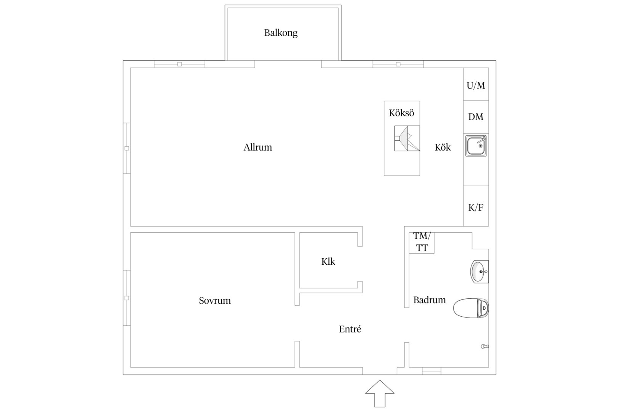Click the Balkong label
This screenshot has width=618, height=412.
pos(281,33)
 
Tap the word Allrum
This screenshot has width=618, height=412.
pos(257,147)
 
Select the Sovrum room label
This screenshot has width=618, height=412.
pos(215,300)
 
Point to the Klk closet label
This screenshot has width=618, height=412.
pos(328,261)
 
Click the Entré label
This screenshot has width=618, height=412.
pos(350,329)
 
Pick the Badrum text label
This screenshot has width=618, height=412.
pos(429,300)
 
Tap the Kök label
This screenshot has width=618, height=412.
pos(443,147)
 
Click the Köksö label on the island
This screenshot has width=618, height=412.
pos(401,113)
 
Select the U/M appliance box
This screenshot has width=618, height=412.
pos(476,84)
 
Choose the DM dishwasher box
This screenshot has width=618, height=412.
pos(476,117)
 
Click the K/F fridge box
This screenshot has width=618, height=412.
pos(476,206)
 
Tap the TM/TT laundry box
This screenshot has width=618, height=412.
pos(422,243)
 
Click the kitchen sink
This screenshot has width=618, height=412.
pos(476,146)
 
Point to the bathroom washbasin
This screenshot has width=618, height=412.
pos(480,272)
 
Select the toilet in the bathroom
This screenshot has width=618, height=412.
pos(471,308)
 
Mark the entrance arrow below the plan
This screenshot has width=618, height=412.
pos(380,394)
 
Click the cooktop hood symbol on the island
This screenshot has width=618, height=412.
pos(407,138)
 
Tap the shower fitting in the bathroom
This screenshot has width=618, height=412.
pos(485,346)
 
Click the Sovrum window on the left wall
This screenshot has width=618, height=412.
pos(127,298)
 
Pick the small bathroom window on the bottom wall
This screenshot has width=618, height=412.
pos(431,371)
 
